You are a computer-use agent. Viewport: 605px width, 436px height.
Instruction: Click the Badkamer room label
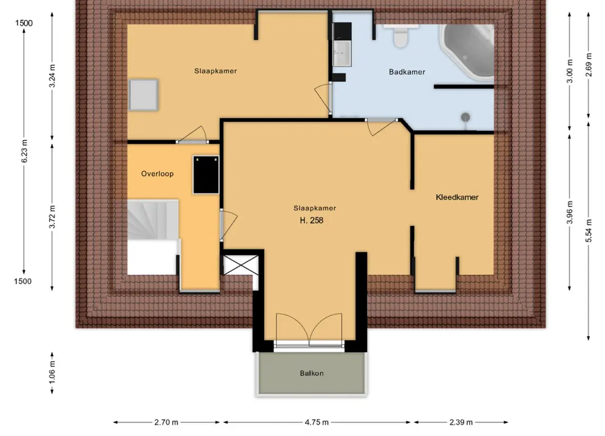[407, 72]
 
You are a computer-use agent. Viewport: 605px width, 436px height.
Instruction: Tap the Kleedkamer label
[457, 197]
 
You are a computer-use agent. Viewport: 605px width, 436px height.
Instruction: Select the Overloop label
[157, 174]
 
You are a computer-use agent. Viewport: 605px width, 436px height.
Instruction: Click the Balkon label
[311, 373]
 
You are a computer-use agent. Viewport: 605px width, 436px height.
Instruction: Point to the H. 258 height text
[311, 220]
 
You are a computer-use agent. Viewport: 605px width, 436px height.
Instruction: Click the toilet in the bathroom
[401, 36]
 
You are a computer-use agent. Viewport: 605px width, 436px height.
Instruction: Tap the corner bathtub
[468, 50]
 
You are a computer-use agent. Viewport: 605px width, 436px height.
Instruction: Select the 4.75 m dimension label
[317, 422]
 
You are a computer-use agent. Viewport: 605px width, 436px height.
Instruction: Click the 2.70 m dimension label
[166, 422]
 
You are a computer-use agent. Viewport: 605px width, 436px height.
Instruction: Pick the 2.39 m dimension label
[461, 422]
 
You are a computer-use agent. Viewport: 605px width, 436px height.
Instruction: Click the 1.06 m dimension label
[52, 373]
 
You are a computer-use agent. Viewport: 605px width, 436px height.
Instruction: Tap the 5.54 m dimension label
[589, 231]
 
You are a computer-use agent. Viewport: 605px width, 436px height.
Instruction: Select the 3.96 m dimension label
[570, 212]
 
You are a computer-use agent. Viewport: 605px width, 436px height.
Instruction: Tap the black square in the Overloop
[206, 174]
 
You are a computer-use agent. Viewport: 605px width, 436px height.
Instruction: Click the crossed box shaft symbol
[241, 265]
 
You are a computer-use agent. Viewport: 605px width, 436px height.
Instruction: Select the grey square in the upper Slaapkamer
[143, 95]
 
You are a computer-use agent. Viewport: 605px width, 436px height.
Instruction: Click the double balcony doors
[309, 329]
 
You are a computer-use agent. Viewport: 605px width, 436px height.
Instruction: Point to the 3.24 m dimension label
[52, 76]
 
